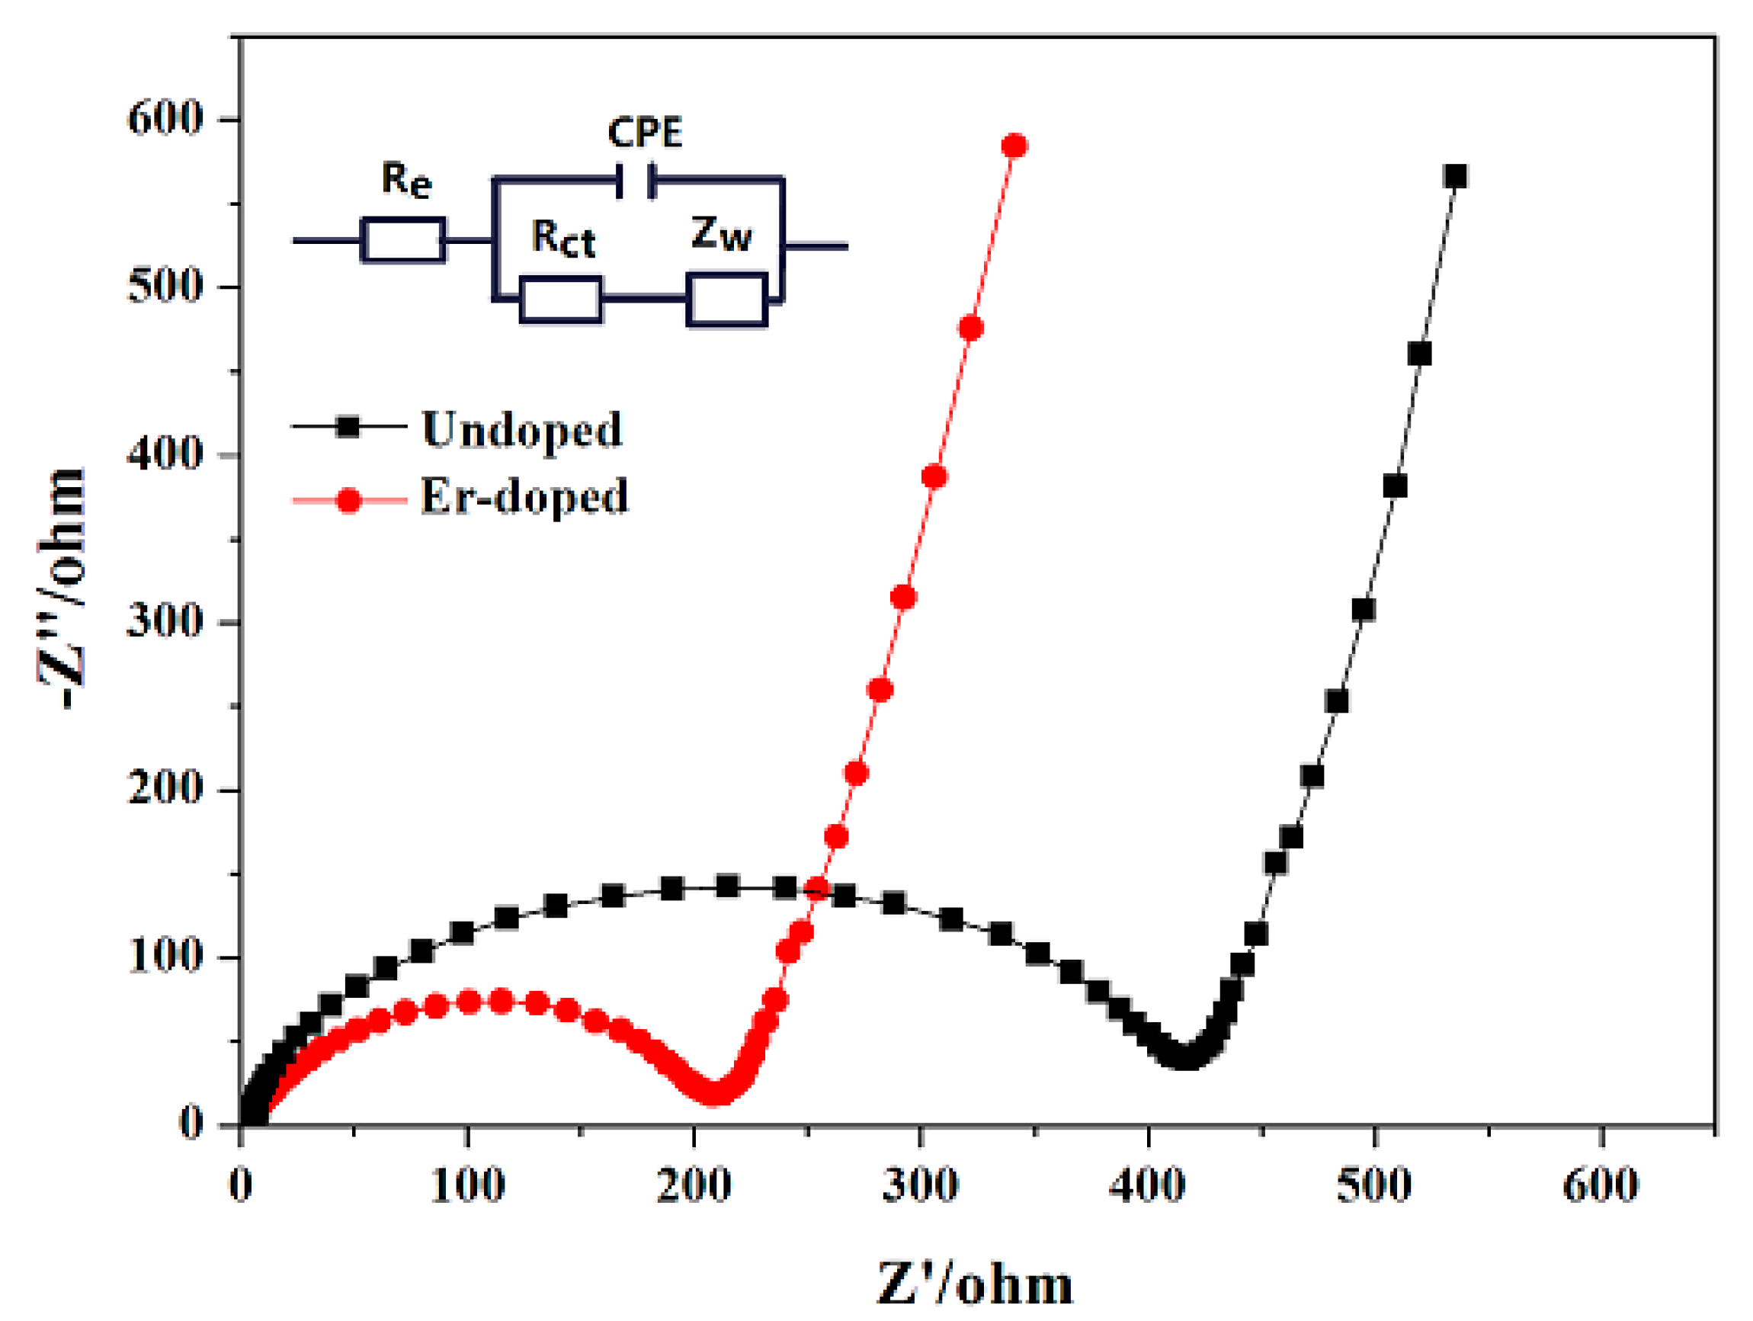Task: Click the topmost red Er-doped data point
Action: tap(1014, 146)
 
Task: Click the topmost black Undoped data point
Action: tap(1455, 176)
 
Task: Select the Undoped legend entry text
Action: tap(521, 430)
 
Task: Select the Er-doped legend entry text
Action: tap(524, 497)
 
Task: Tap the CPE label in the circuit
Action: tap(644, 133)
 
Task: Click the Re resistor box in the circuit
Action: tap(402, 239)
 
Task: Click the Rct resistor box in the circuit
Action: tap(560, 300)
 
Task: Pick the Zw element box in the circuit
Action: tap(726, 300)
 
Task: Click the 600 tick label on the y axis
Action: tap(165, 120)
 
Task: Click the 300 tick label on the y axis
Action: tap(165, 622)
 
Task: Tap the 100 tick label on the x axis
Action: tap(467, 1186)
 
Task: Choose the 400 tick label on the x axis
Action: tap(1147, 1186)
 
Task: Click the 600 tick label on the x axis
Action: tap(1600, 1186)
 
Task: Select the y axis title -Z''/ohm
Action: tap(62, 586)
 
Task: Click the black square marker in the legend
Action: tap(348, 427)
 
